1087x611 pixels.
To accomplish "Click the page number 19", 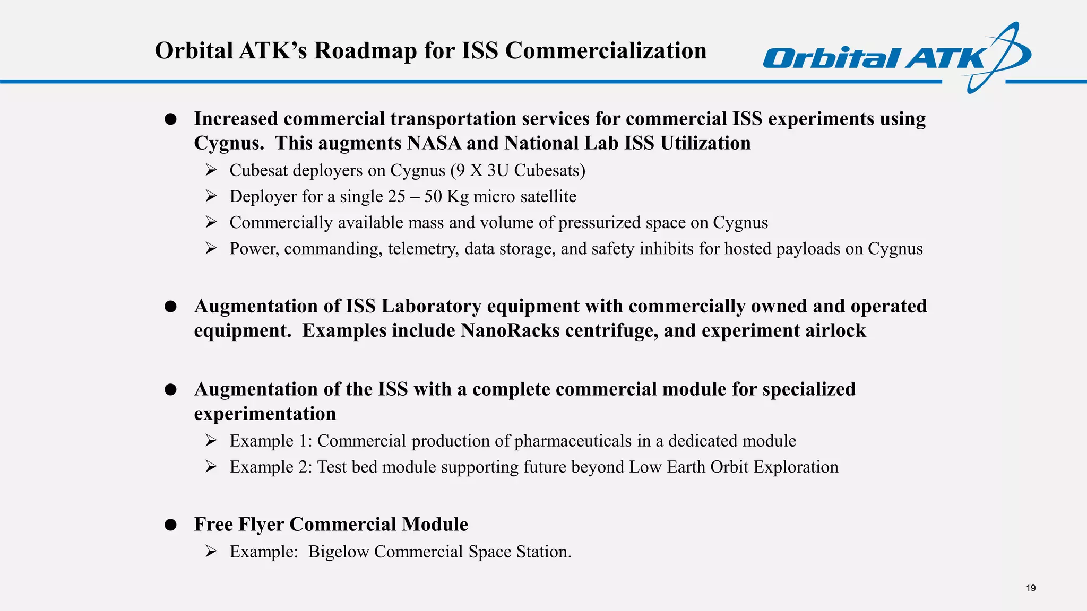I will (x=1031, y=588).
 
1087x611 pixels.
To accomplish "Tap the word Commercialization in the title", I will (x=606, y=51).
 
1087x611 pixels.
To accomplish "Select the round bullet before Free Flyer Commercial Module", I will (x=170, y=525).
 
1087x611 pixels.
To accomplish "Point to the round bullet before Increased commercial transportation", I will (x=170, y=119).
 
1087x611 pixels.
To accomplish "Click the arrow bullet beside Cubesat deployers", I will (x=211, y=170).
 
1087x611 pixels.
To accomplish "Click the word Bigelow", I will (x=338, y=552).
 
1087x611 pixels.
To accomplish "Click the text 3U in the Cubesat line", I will (x=498, y=170).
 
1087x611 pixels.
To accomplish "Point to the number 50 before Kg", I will (x=433, y=196).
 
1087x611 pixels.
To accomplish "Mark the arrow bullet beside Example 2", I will (x=211, y=467).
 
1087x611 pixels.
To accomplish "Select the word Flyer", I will (x=261, y=525).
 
